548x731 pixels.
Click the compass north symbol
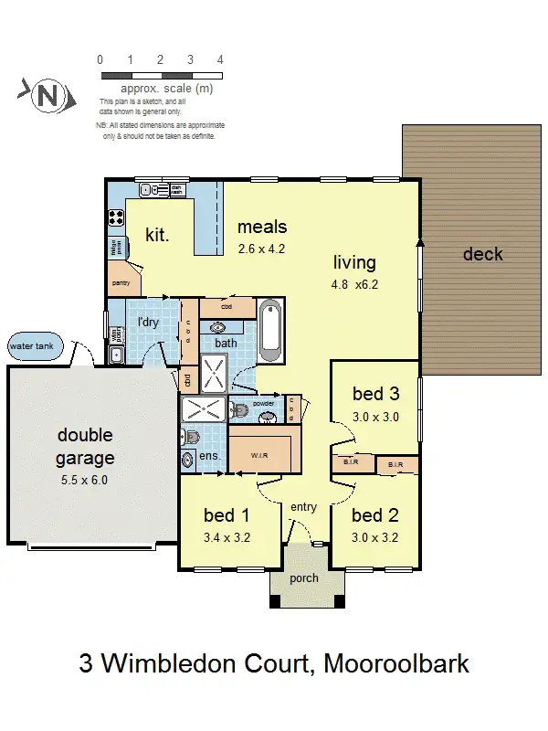click(45, 95)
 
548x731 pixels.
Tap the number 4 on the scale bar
click(220, 59)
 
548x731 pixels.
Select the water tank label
click(31, 347)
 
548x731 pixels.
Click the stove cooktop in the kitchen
click(117, 217)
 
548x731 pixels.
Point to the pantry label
click(121, 283)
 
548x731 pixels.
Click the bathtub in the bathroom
click(271, 330)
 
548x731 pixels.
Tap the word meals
click(262, 227)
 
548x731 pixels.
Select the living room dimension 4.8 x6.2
click(354, 284)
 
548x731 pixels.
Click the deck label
click(482, 254)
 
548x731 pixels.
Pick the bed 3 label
click(375, 394)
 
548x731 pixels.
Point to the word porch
click(303, 577)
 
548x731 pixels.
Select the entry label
click(303, 507)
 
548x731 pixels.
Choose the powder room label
click(264, 403)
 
